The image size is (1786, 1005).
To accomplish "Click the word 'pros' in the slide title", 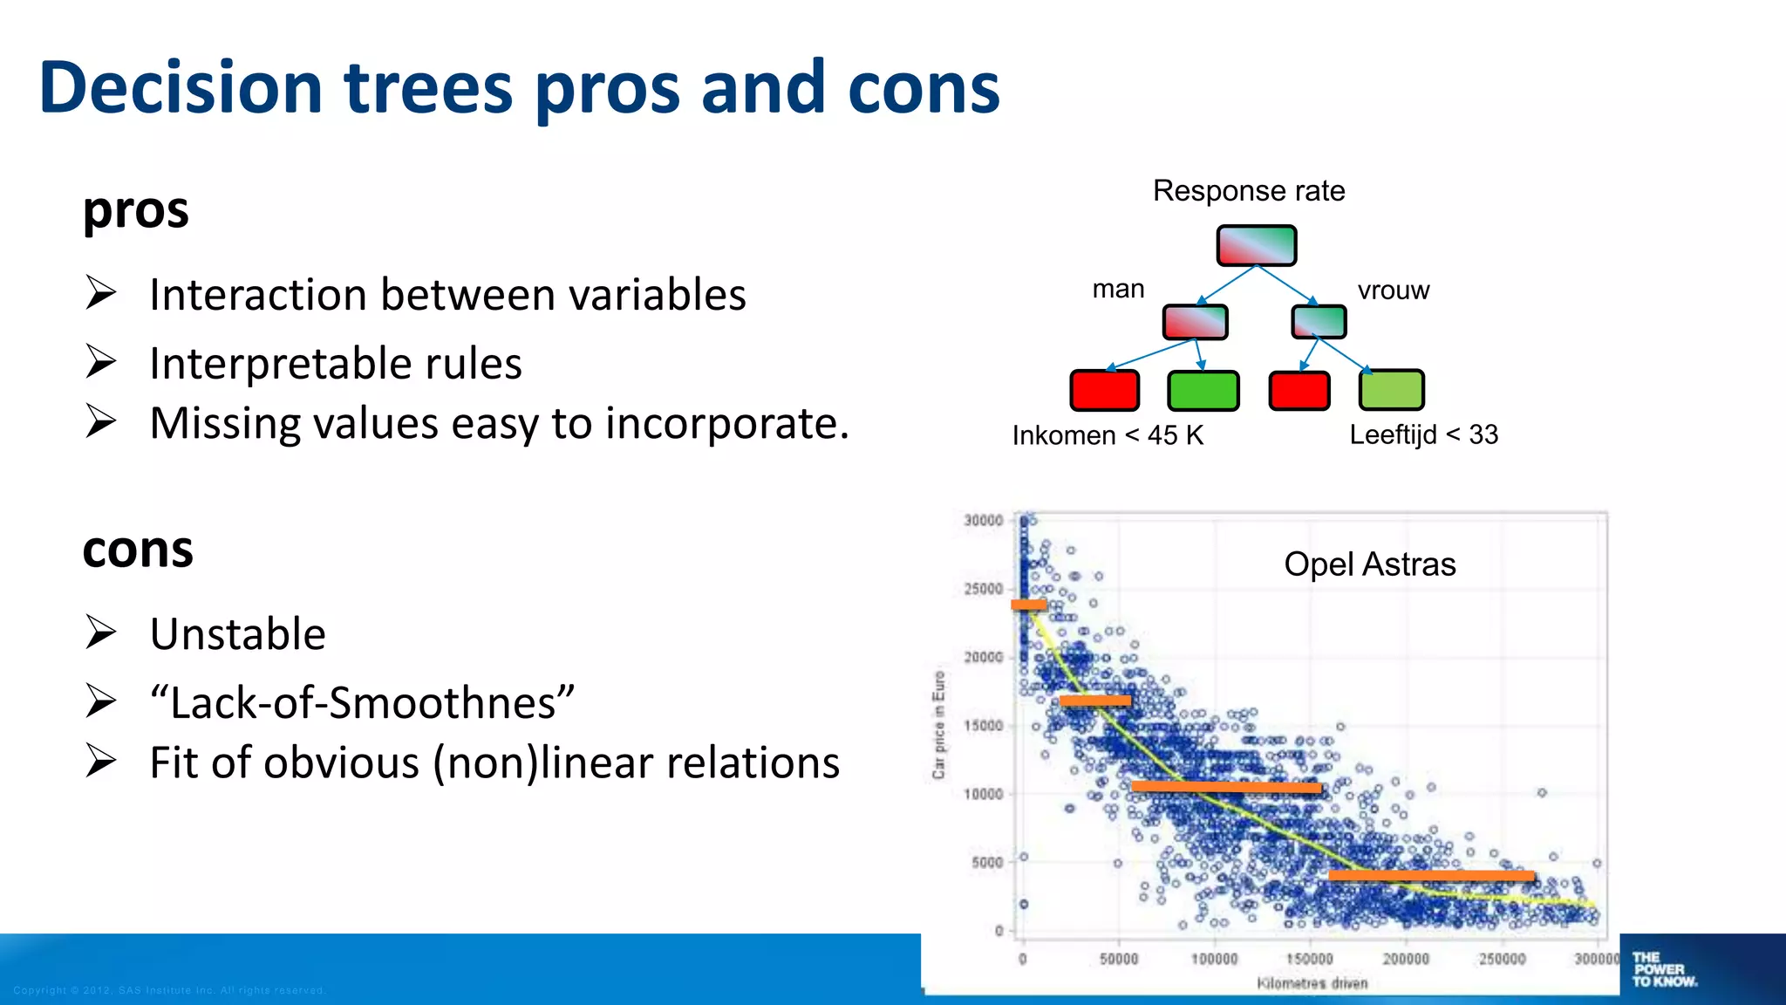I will [x=607, y=89].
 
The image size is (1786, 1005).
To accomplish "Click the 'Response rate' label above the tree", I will [x=1248, y=190].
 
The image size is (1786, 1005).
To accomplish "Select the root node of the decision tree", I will [x=1256, y=245].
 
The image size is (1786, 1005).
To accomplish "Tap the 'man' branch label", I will [x=1117, y=289].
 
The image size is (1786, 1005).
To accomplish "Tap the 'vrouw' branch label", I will [x=1393, y=290].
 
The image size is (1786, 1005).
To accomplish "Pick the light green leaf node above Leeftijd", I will [x=1391, y=390].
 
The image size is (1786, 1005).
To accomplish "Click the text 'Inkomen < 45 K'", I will [x=1108, y=434].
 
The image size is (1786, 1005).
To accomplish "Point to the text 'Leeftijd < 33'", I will [x=1423, y=434].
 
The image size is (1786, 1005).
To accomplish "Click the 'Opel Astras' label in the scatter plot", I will [x=1369, y=564].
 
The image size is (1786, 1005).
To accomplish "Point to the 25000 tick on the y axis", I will [x=983, y=589].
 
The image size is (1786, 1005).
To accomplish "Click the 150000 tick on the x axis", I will [x=1310, y=959].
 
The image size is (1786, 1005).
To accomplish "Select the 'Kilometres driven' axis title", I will [x=1312, y=983].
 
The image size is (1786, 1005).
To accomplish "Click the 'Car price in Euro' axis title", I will [x=938, y=724].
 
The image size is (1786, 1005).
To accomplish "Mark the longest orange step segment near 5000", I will [x=1430, y=875].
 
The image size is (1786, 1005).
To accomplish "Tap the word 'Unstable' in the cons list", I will [x=237, y=634].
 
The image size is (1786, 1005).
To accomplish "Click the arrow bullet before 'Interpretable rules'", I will [x=101, y=362].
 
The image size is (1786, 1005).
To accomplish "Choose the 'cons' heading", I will [x=138, y=550].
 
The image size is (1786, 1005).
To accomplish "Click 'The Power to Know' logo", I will [x=1663, y=969].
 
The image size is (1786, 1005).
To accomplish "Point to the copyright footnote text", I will [x=169, y=990].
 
